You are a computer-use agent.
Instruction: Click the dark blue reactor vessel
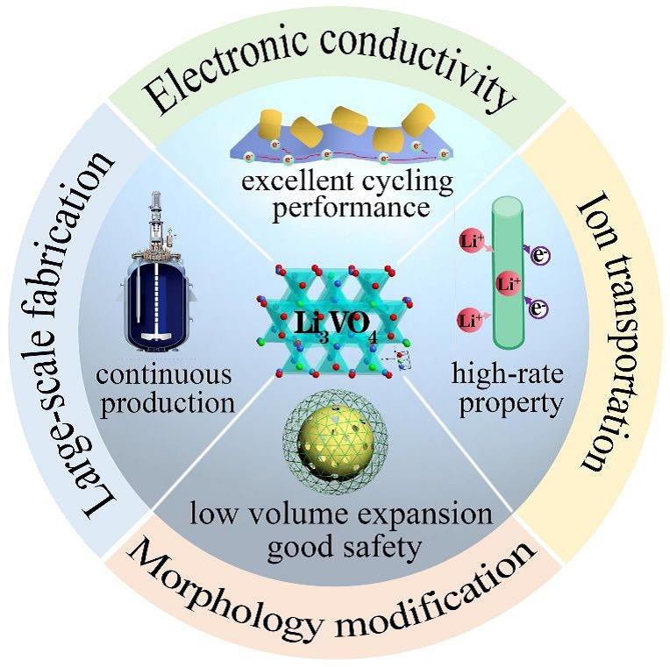pos(163,302)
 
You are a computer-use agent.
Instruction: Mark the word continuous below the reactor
pos(165,375)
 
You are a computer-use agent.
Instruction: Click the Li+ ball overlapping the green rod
pos(506,283)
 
